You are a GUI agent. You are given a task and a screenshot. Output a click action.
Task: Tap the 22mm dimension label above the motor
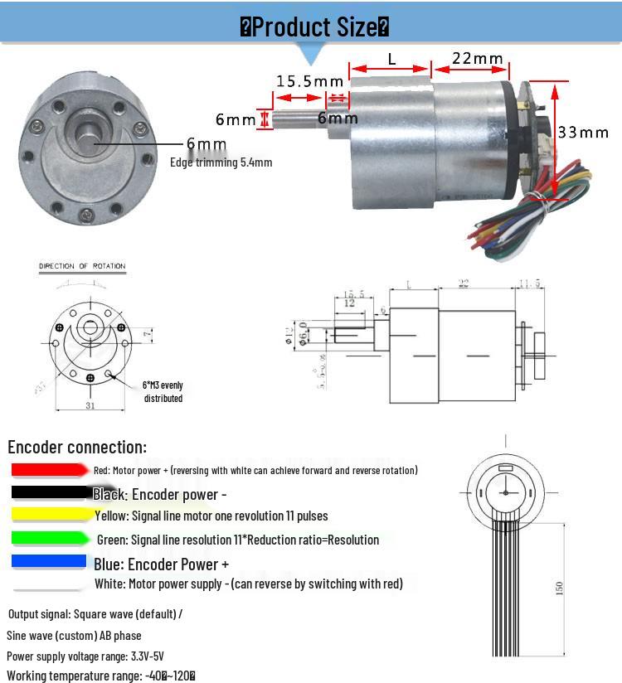tap(478, 58)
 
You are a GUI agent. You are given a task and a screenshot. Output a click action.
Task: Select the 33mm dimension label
tap(583, 132)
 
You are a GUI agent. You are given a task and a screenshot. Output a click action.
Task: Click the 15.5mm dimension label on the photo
tap(309, 80)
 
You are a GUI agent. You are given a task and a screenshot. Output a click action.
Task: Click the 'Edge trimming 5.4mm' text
tap(221, 162)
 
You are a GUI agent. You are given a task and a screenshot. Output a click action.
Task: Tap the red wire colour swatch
tap(49, 470)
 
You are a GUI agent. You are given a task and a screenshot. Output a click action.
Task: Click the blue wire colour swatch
tap(49, 562)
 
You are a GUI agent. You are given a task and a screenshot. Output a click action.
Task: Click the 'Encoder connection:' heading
tap(77, 447)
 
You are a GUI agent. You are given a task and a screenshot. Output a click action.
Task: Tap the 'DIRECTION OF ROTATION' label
tap(82, 266)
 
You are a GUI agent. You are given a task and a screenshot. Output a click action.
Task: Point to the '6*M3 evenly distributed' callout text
tap(163, 391)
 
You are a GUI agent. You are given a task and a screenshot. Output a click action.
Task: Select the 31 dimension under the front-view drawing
tap(90, 404)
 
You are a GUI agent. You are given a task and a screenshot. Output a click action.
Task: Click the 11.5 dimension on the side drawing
tap(530, 283)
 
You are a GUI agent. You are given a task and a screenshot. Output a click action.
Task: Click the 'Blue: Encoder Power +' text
tap(162, 564)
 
